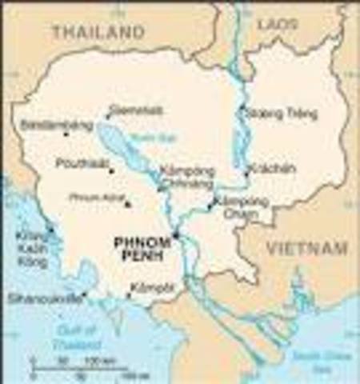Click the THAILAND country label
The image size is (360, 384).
[x=98, y=33]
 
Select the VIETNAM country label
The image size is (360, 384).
[x=306, y=247]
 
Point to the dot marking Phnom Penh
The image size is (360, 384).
[x=177, y=235]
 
